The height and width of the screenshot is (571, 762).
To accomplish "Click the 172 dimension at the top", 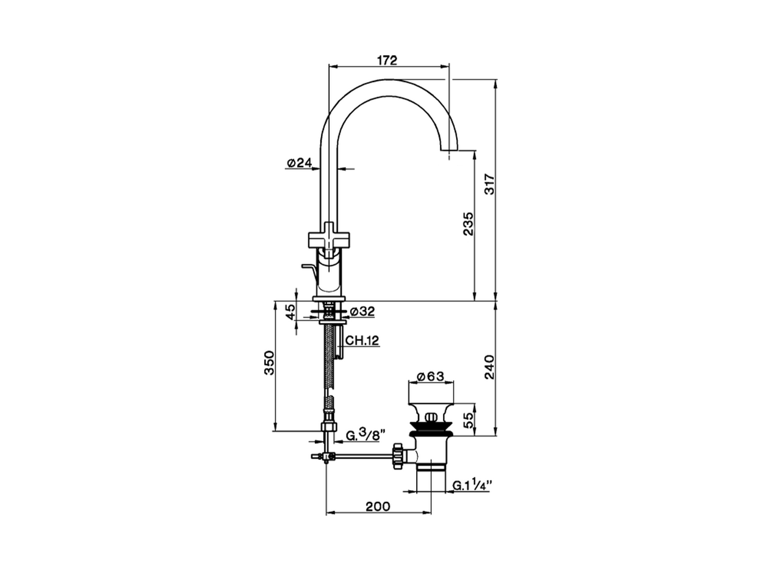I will (387, 59).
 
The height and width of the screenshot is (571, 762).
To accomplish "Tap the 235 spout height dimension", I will (468, 223).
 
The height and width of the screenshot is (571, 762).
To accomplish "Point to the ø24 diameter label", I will (299, 163).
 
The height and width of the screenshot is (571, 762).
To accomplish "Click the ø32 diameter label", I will (362, 311).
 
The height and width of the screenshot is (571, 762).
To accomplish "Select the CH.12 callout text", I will (363, 341).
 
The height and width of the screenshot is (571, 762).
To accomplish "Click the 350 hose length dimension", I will (268, 363).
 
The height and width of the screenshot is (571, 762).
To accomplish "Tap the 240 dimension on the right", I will (490, 368).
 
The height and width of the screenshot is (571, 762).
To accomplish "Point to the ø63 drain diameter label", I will (431, 377).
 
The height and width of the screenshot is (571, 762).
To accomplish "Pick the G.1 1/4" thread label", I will (470, 486).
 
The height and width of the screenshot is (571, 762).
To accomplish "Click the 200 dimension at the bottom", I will (377, 506).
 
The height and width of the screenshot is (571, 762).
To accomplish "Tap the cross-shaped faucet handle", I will (330, 237).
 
